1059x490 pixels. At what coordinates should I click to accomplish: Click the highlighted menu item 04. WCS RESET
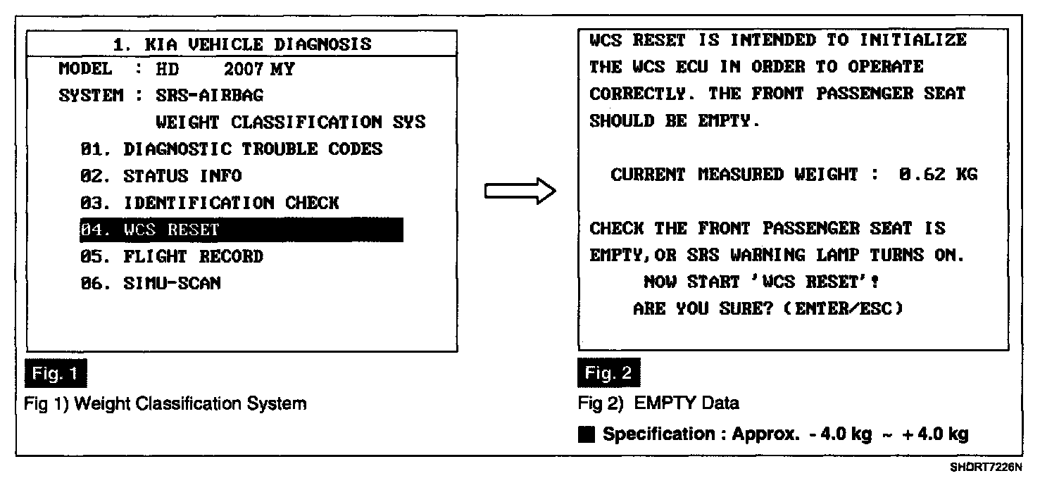[x=241, y=230]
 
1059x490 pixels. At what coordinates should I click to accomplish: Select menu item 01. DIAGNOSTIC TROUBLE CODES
[x=232, y=149]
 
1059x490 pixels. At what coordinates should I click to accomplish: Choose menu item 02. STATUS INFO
[x=161, y=176]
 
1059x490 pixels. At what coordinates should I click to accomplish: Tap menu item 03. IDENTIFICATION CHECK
[x=210, y=203]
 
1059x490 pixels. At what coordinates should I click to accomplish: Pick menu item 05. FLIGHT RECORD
[x=172, y=256]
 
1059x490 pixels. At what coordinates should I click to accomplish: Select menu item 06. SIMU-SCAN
[x=151, y=283]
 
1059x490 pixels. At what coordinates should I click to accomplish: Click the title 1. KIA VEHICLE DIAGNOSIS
[x=242, y=44]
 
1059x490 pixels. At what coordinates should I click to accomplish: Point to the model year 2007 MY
[x=259, y=69]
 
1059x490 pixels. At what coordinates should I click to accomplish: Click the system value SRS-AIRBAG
[x=209, y=95]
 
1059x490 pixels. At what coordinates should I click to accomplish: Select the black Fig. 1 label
[x=56, y=374]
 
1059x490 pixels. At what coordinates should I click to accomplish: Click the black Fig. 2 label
[x=610, y=374]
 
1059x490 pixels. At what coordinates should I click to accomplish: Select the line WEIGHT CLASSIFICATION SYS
[x=290, y=122]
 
